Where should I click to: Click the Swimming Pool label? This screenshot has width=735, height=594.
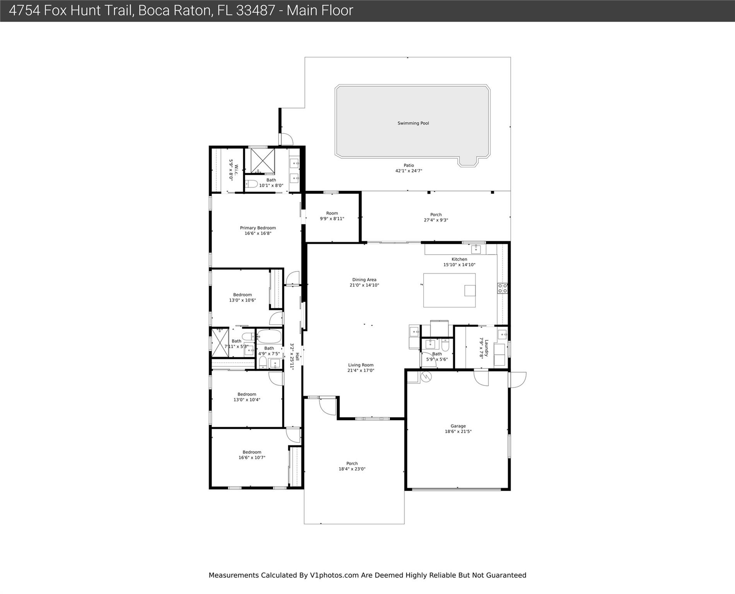[x=413, y=123]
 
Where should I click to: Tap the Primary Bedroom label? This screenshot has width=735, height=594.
[x=258, y=228]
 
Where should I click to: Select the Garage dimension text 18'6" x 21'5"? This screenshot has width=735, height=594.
[x=458, y=432]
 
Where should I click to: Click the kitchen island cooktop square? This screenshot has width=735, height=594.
[x=470, y=290]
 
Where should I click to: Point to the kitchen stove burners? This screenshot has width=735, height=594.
[x=503, y=288]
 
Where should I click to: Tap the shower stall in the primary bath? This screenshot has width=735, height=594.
[x=263, y=161]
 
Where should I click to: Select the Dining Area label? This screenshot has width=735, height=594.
[x=364, y=280]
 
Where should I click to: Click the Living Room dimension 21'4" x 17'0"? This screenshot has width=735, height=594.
[x=361, y=370]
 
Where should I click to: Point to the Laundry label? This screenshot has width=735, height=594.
[x=487, y=348]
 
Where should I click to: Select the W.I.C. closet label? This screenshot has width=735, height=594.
[x=236, y=170]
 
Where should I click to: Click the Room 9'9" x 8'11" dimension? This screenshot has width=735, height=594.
[x=332, y=219]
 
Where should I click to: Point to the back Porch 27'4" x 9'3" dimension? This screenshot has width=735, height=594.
[x=436, y=220]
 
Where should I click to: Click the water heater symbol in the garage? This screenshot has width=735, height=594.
[x=426, y=377]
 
